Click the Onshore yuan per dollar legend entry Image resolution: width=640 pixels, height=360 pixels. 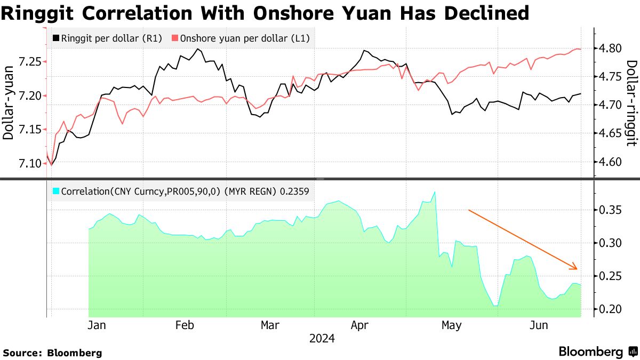[x=240, y=38]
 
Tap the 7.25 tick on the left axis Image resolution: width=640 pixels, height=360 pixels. [x=29, y=62]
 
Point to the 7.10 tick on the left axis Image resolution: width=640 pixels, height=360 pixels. [x=29, y=163]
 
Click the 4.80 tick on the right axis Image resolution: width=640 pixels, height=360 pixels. [x=610, y=49]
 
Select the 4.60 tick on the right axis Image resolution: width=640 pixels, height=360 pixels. [x=610, y=162]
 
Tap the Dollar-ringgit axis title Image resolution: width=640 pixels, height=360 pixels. [x=631, y=102]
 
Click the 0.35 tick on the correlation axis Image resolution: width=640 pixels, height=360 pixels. [x=610, y=210]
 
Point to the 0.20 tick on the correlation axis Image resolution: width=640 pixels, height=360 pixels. [x=610, y=309]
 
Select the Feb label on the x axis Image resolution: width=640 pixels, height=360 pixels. [x=184, y=325]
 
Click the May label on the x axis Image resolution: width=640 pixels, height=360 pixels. [x=452, y=325]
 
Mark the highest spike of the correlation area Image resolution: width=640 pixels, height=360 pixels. [x=435, y=192]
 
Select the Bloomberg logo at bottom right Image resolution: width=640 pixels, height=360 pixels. [x=598, y=351]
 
